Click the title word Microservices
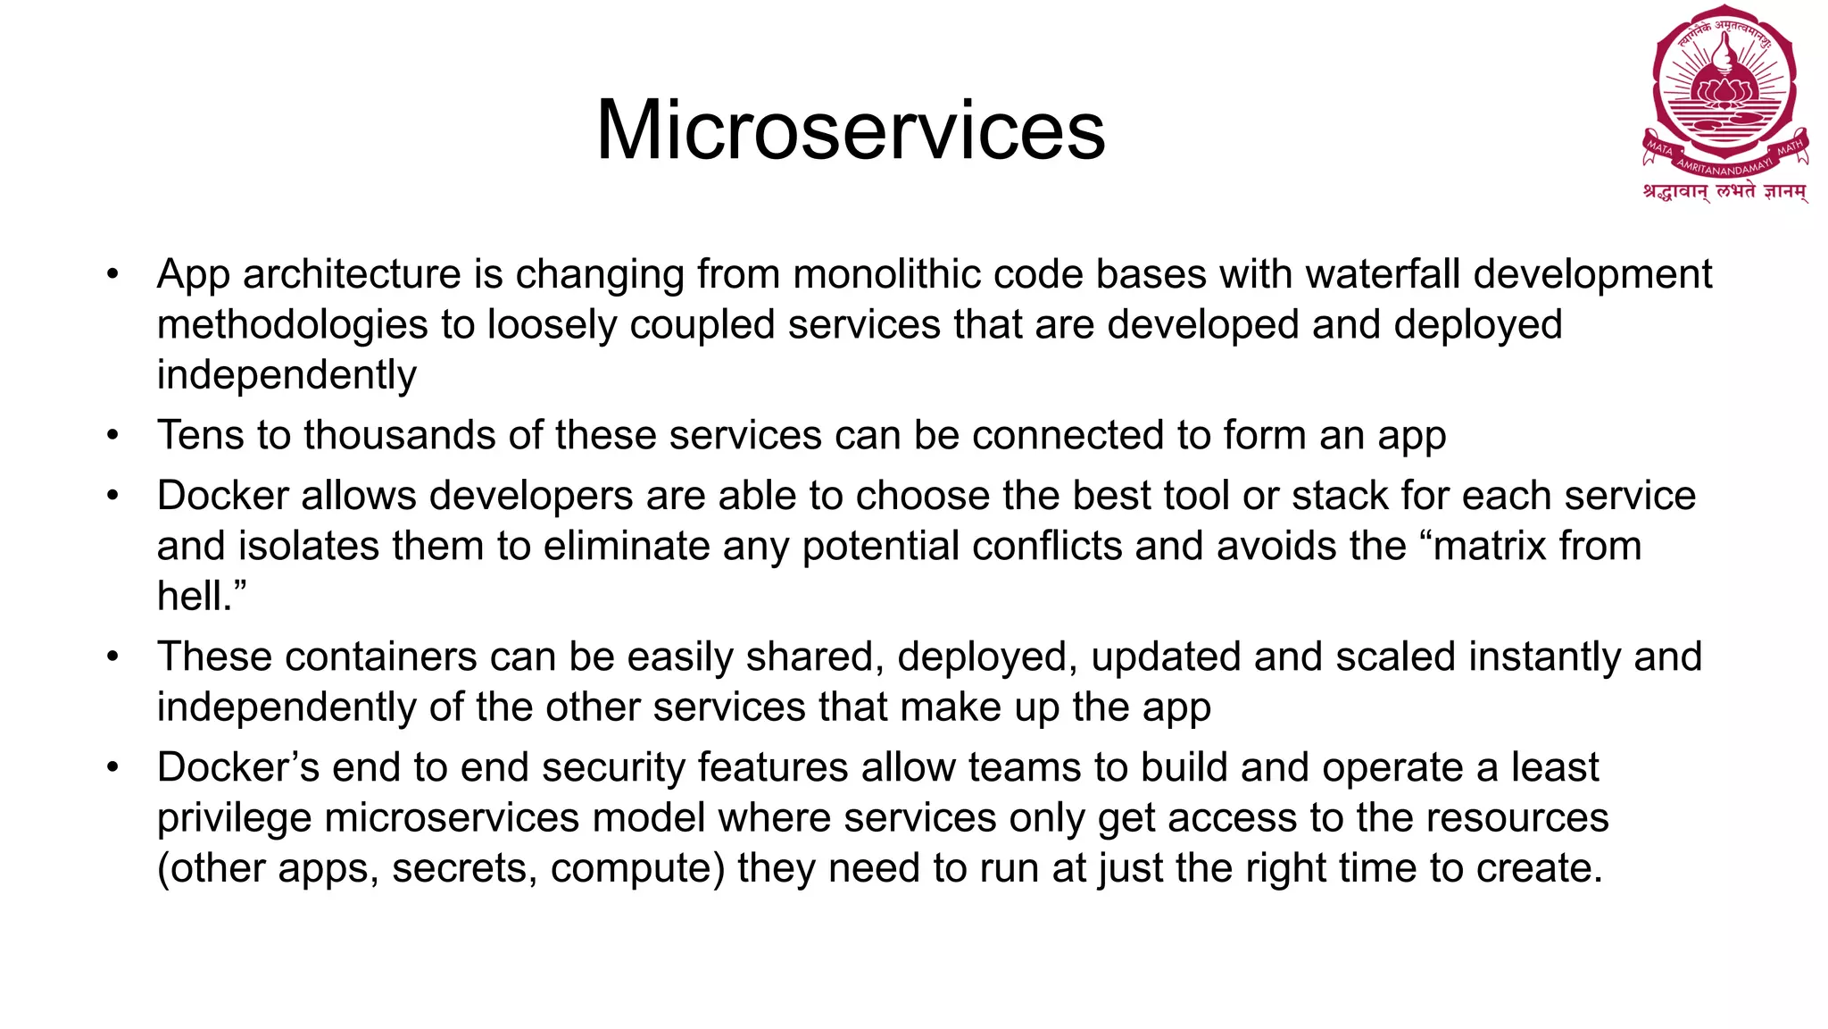[851, 130]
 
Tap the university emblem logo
[1724, 89]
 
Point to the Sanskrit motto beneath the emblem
[1724, 192]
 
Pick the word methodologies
[292, 325]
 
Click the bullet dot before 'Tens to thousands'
[112, 436]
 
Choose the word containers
[381, 657]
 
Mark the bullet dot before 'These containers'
[112, 657]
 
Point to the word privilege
[234, 818]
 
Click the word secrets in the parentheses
[464, 869]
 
